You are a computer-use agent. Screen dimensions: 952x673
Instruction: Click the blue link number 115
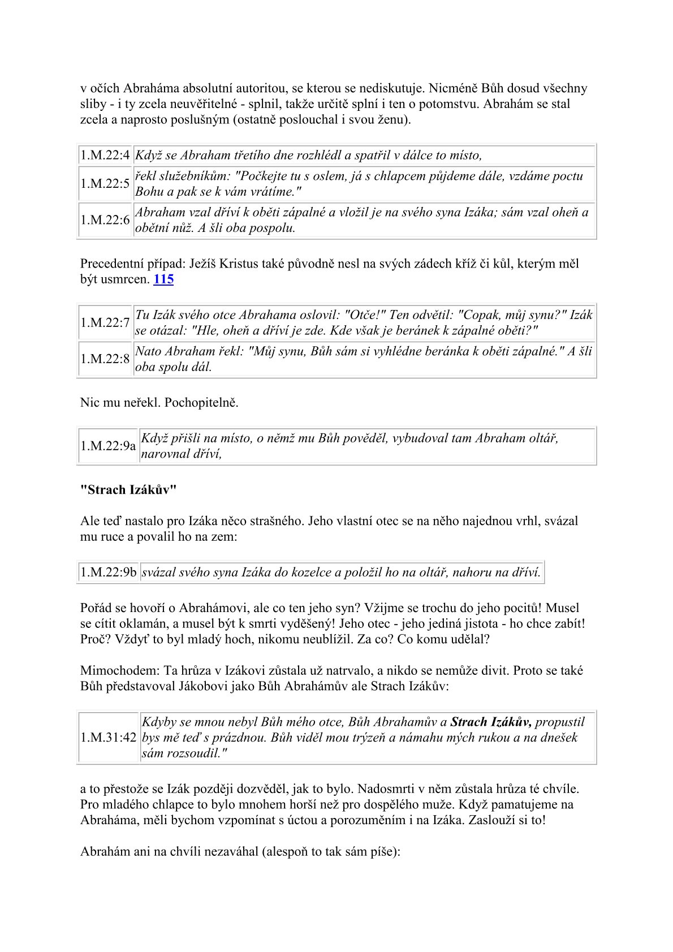pyautogui.click(x=163, y=279)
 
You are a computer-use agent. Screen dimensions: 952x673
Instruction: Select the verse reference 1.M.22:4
pyautogui.click(x=105, y=156)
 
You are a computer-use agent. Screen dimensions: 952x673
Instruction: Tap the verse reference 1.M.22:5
pyautogui.click(x=105, y=184)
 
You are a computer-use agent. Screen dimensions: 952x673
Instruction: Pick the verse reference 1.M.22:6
pyautogui.click(x=105, y=220)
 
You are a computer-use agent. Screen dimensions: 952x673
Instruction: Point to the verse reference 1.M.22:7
pyautogui.click(x=105, y=322)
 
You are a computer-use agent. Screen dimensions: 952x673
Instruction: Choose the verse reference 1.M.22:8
pyautogui.click(x=105, y=359)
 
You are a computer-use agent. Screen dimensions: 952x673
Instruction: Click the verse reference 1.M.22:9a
pyautogui.click(x=108, y=446)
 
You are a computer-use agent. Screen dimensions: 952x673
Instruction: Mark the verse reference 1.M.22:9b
pyautogui.click(x=109, y=572)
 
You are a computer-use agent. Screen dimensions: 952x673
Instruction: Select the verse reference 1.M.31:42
pyautogui.click(x=109, y=738)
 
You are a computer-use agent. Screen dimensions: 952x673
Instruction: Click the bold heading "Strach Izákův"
pyautogui.click(x=128, y=490)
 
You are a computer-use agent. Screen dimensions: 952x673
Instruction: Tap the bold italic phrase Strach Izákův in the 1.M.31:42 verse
pyautogui.click(x=491, y=722)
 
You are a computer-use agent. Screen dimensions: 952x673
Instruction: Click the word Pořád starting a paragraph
pyautogui.click(x=96, y=609)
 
